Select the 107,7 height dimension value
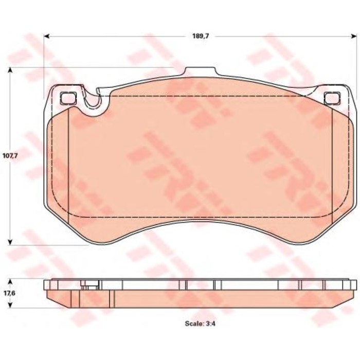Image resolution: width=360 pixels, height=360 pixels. tap(10, 156)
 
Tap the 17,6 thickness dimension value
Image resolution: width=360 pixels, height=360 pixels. tap(10, 293)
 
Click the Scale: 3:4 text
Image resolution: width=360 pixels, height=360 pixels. tap(200, 323)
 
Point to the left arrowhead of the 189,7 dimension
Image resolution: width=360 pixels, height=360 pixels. tap(47, 36)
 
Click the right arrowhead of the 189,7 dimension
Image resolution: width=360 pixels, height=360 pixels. tap(353, 36)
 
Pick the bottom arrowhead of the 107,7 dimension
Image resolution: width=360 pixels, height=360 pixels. tap(10, 242)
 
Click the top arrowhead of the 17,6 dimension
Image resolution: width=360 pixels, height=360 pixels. tap(10, 282)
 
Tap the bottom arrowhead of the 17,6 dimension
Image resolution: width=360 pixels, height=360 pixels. tap(10, 305)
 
